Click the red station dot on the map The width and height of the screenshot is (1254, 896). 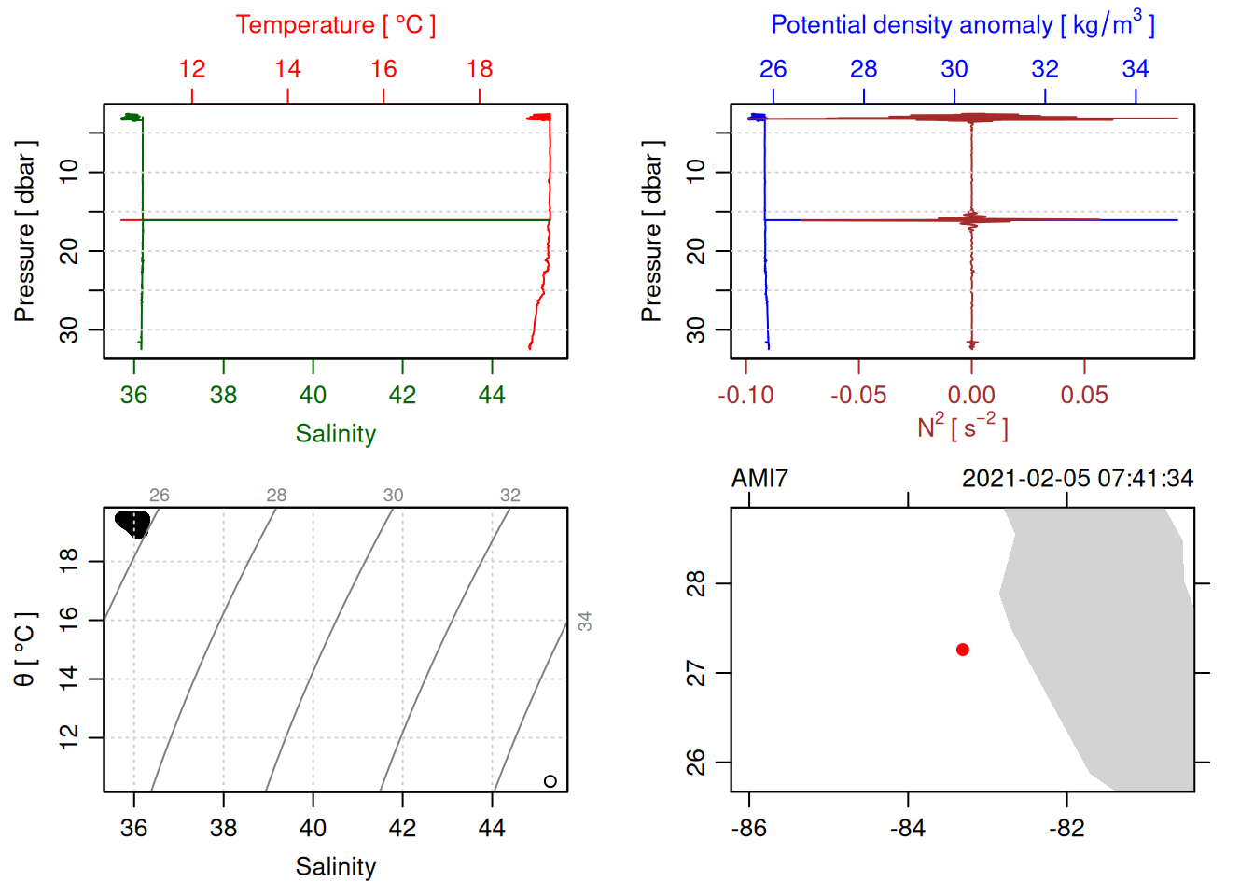[x=962, y=650]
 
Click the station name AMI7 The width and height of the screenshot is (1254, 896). [x=759, y=479]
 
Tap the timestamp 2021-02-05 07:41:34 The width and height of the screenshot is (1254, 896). [x=1077, y=479]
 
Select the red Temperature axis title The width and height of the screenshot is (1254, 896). [x=335, y=25]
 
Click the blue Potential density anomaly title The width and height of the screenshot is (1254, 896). [x=962, y=25]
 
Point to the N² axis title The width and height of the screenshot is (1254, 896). [x=962, y=427]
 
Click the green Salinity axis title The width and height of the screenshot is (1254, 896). [x=335, y=434]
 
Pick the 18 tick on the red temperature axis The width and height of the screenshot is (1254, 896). [x=480, y=69]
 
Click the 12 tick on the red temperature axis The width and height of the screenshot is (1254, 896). [x=192, y=69]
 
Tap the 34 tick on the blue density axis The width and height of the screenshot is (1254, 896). [x=1136, y=69]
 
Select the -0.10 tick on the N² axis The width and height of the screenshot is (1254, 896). [x=745, y=396]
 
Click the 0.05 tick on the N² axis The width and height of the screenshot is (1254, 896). [x=1084, y=396]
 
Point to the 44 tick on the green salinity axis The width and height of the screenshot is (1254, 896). [x=492, y=396]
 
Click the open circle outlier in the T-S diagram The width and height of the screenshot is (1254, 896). [x=550, y=781]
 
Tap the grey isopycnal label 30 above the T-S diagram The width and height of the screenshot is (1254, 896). [x=393, y=496]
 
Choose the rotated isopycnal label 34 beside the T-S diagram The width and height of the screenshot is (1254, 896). [x=585, y=621]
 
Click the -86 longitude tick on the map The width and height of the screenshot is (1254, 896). [x=749, y=829]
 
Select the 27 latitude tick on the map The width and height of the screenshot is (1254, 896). [x=696, y=673]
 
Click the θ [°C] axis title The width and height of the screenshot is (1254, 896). [x=25, y=650]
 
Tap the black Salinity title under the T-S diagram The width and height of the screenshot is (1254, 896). [x=335, y=867]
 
